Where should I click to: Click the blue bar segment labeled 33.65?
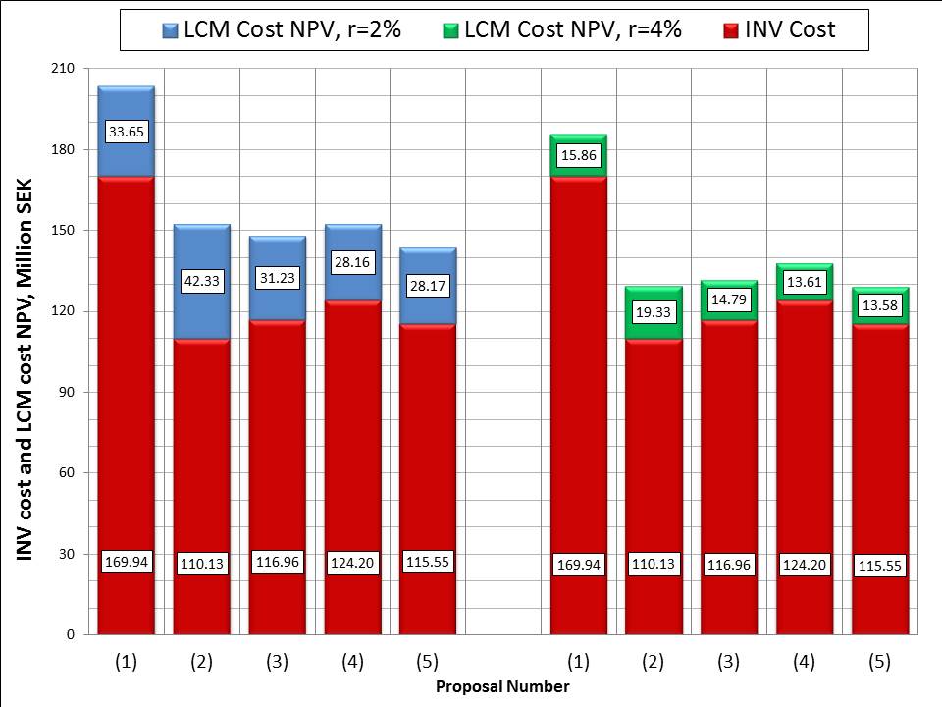tap(127, 132)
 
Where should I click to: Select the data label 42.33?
tap(202, 281)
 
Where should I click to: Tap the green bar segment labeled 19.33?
tap(654, 313)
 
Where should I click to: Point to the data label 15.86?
tap(579, 155)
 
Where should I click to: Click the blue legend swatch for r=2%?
tap(171, 30)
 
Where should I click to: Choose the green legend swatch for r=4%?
tap(450, 30)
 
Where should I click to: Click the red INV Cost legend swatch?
tap(730, 30)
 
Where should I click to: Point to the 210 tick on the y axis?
tap(63, 68)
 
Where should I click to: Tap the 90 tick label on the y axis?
tap(66, 392)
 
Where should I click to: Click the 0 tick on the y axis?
tap(71, 635)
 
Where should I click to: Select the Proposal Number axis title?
tap(502, 686)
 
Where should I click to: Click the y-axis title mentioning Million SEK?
tap(24, 370)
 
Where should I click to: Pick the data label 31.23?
tap(278, 278)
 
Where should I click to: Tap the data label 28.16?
tap(352, 262)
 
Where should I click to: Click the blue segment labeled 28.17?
tap(428, 286)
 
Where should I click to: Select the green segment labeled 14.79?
tap(729, 300)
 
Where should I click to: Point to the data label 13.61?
tap(805, 282)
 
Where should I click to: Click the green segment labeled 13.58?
tap(880, 306)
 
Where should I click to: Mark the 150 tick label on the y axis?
tap(63, 230)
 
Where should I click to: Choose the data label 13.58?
tap(880, 305)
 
